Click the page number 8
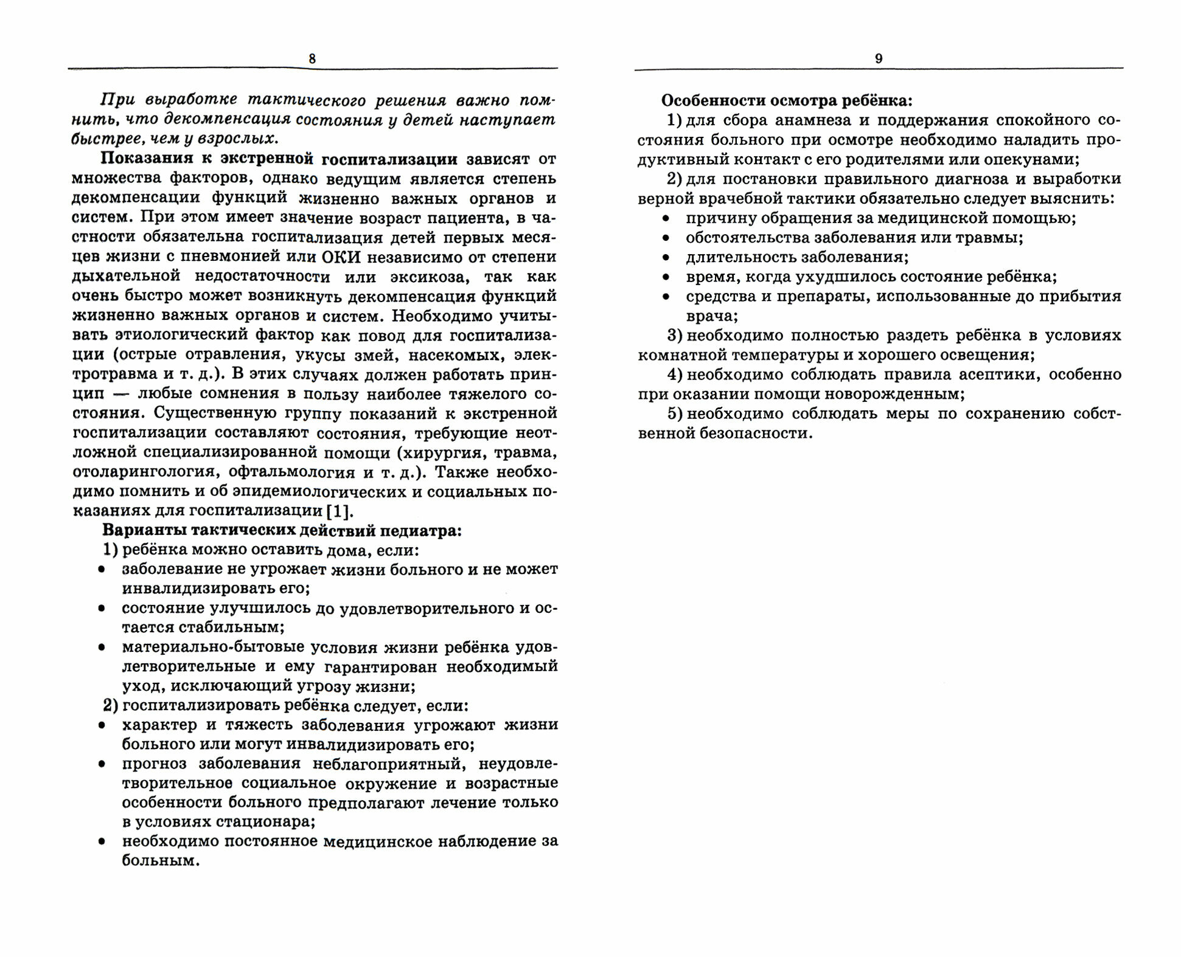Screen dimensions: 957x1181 (312, 58)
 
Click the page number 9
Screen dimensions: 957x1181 (879, 58)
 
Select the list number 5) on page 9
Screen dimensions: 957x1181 (675, 414)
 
